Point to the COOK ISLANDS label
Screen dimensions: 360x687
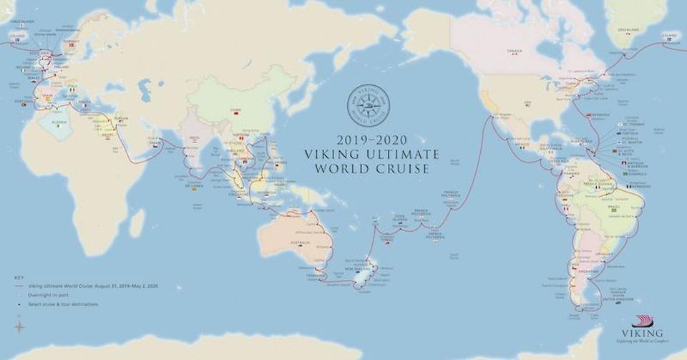pyautogui.click(x=399, y=218)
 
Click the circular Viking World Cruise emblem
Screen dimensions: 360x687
pyautogui.click(x=368, y=106)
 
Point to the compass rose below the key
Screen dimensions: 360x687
pyautogui.click(x=19, y=328)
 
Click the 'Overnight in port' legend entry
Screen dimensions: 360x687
pyautogui.click(x=44, y=293)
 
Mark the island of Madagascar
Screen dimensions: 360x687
pyautogui.click(x=137, y=223)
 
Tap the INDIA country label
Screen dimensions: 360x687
pyautogui.click(x=195, y=140)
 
